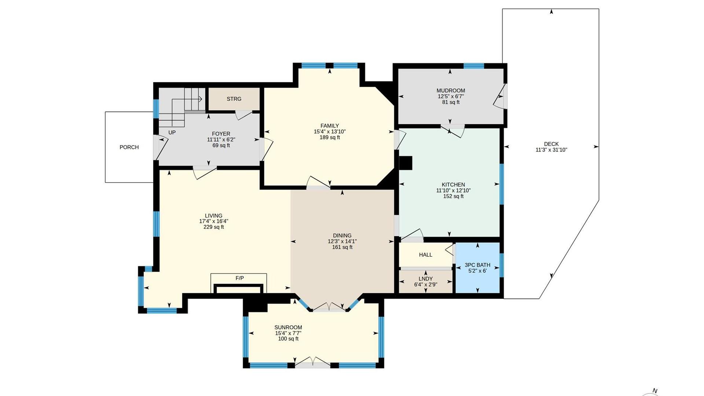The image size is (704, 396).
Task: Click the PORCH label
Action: pos(129,147)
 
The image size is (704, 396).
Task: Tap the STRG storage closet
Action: pos(234,99)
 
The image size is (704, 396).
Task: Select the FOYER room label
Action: pos(221,134)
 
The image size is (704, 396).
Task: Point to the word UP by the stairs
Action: pos(172,132)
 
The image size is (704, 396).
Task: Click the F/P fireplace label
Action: pos(239,278)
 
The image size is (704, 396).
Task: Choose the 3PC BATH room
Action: pos(477,268)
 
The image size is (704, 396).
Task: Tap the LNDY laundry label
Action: pos(426,279)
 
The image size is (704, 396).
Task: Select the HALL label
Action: pos(426,254)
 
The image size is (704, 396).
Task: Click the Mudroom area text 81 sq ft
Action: pos(451,102)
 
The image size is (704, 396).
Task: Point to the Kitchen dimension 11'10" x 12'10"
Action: pos(454,190)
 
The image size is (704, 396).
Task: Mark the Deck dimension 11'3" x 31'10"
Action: pos(551,150)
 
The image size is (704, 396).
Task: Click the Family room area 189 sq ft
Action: pos(330,137)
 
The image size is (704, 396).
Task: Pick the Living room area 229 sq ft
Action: pos(214,227)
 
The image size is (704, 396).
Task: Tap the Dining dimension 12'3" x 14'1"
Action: pos(342,241)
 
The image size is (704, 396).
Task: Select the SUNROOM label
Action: pos(288,327)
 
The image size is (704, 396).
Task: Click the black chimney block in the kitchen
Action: pos(406,163)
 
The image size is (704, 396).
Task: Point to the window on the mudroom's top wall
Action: pos(474,66)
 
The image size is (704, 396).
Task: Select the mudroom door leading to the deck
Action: pos(501,96)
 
